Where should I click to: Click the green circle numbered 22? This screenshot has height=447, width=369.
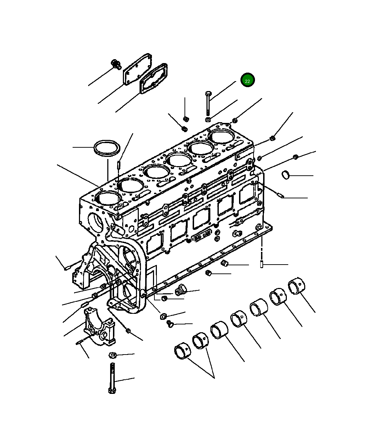(x=248, y=81)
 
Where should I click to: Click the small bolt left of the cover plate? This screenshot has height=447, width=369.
(x=116, y=64)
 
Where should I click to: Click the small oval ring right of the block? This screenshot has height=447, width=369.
(x=286, y=175)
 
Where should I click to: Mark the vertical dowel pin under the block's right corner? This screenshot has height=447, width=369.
(x=262, y=264)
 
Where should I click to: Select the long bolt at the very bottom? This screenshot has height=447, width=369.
(x=112, y=379)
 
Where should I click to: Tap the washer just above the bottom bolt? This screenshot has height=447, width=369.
(x=113, y=355)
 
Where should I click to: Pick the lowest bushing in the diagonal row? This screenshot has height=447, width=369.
(x=183, y=351)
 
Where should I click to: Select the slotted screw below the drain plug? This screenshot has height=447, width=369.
(x=169, y=323)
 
